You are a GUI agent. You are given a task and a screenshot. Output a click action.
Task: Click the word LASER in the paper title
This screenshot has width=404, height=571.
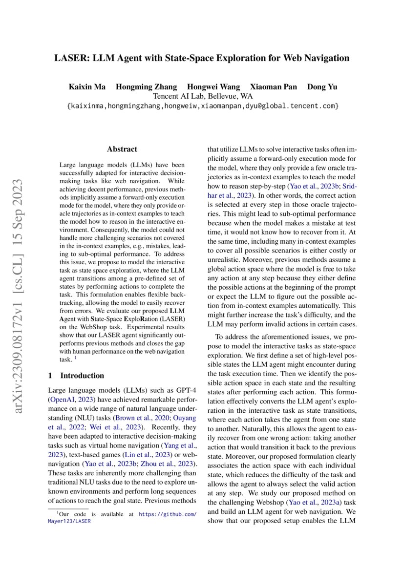tap(69, 58)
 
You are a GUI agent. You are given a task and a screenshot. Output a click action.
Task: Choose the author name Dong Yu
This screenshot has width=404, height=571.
tap(321, 87)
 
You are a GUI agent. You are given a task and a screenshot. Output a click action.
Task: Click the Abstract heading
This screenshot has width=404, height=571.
tap(122, 149)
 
